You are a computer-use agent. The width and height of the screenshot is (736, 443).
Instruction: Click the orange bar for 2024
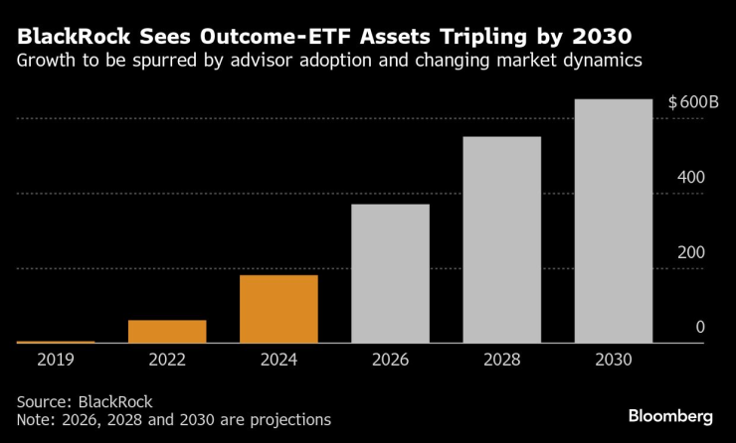point(278,309)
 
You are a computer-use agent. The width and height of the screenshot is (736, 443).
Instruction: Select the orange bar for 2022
point(167,332)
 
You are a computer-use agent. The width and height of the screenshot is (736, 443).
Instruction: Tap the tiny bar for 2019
point(56,342)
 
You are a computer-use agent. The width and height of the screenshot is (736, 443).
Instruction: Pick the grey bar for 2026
point(390,273)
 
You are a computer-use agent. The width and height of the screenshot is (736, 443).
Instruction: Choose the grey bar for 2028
point(501,239)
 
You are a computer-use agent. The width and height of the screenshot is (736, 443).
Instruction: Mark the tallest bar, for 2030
point(614,221)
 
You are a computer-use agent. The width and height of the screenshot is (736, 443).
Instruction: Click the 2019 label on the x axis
point(56,360)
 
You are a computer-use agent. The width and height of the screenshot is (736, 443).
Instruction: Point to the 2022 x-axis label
point(167,360)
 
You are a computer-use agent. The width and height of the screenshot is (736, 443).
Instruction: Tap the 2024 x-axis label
point(278,360)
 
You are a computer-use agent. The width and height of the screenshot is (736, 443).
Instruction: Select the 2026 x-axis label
point(390,360)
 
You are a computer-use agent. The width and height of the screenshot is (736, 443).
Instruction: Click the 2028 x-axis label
point(501,360)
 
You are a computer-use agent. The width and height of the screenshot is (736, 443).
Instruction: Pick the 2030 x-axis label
point(614,360)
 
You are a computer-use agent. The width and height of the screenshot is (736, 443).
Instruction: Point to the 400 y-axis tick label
point(691,178)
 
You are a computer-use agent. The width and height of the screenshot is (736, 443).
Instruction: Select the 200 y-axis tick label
point(691,252)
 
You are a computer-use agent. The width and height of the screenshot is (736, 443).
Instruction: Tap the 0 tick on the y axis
point(700,328)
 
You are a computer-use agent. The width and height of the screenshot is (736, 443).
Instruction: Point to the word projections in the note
point(285,420)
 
